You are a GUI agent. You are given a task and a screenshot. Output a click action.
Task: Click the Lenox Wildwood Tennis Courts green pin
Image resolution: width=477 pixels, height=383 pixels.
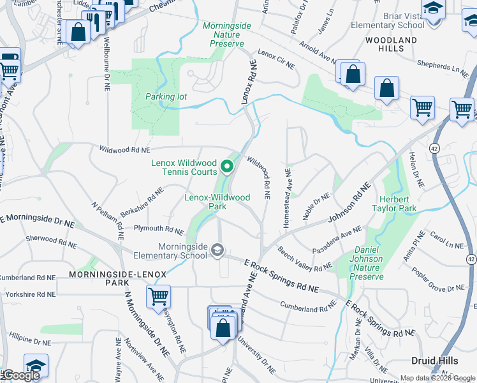pyautogui.click(x=226, y=168)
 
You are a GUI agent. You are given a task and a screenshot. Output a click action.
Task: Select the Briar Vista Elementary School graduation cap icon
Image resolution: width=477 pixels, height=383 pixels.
pyautogui.click(x=433, y=9)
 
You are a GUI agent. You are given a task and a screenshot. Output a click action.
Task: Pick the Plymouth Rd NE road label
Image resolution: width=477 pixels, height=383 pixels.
pyautogui.click(x=159, y=229)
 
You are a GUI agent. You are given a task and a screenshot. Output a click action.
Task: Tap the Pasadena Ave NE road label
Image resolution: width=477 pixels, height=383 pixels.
pyautogui.click(x=337, y=240)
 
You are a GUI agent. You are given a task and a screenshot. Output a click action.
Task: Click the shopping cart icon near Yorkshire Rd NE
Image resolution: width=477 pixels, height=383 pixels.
pyautogui.click(x=158, y=296)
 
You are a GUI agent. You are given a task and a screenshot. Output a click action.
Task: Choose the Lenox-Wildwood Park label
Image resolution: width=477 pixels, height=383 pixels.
pyautogui.click(x=217, y=202)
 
